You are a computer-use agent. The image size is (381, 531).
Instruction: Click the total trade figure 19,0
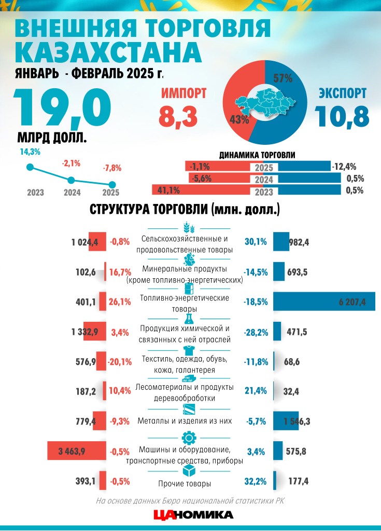point(63,107)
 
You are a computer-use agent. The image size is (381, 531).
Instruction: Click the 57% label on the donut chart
point(283,78)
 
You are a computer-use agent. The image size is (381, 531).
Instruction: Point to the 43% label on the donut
point(239,119)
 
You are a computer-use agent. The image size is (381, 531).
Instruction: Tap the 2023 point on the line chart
point(30,167)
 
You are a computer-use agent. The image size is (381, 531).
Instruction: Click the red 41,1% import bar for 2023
point(201,190)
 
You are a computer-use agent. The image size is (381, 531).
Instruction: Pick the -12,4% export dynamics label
point(344,167)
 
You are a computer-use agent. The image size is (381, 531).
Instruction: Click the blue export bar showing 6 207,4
point(324,301)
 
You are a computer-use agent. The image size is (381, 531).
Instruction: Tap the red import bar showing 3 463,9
point(77,451)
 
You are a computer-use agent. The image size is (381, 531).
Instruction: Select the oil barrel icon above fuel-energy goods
point(189,289)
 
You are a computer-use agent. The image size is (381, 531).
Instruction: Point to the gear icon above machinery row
point(189,438)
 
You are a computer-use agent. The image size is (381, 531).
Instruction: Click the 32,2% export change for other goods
point(256,481)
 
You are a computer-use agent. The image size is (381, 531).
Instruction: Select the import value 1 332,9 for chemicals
point(84,332)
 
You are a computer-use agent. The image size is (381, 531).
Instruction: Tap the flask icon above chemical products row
point(189,319)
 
